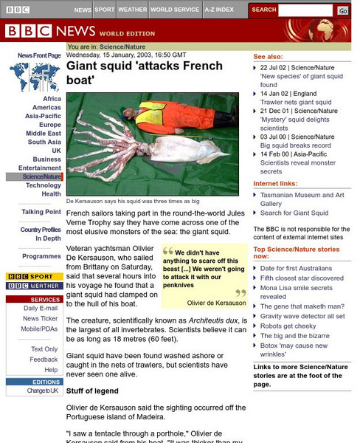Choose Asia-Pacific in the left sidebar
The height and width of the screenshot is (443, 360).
[x=43, y=116]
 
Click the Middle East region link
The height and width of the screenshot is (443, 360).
[x=44, y=134]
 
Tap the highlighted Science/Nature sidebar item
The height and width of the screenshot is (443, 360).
[x=41, y=176]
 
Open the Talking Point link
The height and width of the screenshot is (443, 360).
[x=41, y=212]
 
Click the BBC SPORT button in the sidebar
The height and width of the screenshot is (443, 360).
[x=34, y=276]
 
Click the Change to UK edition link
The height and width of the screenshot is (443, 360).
[x=43, y=391]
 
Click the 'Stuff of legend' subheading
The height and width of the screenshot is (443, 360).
[x=92, y=391]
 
